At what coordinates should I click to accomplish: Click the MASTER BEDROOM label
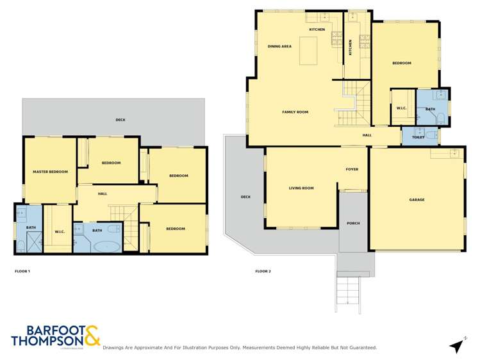50,171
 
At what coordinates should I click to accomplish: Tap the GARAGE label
417,199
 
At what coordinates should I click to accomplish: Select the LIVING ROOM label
301,188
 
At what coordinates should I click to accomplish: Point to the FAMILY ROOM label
295,112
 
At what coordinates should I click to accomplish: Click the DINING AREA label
279,46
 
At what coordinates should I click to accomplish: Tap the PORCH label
352,224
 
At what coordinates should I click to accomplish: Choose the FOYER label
352,169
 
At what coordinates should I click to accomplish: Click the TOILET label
418,136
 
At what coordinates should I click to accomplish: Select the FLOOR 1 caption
22,271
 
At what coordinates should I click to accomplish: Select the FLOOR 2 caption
263,271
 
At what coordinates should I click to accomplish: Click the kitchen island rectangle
309,51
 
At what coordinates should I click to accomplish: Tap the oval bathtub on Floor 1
102,245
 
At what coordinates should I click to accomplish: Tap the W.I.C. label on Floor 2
402,108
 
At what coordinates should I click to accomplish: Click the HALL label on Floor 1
103,193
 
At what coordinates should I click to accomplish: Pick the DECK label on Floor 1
120,120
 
